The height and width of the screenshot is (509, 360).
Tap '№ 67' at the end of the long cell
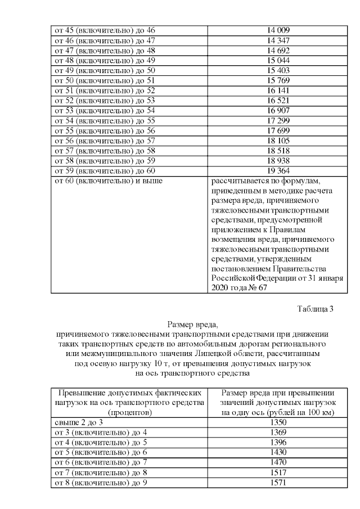256,287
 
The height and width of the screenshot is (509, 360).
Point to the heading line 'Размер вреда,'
192,324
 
